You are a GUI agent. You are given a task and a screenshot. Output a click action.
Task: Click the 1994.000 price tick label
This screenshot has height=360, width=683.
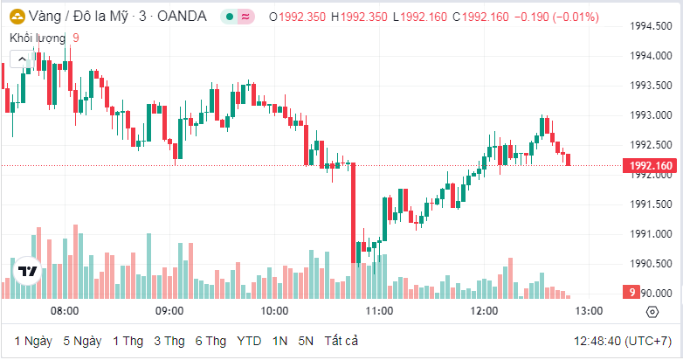(651, 56)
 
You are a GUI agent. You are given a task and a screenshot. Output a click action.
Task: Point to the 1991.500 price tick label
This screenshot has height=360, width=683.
(651, 204)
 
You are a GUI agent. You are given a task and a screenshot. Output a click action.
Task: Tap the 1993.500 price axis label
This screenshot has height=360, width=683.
(651, 86)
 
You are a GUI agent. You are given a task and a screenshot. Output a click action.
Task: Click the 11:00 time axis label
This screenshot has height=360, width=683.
(379, 311)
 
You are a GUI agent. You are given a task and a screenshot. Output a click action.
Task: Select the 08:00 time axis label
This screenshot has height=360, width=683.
(65, 311)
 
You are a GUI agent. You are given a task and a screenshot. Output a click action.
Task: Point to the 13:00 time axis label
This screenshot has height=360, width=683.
(588, 311)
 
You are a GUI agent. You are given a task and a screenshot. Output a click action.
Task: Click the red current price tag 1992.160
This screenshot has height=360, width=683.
(646, 166)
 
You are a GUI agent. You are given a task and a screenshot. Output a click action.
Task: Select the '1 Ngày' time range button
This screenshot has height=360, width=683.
(33, 340)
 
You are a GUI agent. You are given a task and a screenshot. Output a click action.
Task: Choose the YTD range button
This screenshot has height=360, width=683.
(249, 340)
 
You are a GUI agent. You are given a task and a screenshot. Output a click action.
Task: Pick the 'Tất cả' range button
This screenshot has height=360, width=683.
(341, 340)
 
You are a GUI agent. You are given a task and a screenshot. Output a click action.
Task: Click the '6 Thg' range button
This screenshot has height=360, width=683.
(210, 340)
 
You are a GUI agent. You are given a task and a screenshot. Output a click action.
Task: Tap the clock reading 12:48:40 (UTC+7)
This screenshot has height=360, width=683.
(623, 340)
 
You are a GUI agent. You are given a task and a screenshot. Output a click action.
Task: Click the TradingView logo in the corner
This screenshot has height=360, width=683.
(27, 271)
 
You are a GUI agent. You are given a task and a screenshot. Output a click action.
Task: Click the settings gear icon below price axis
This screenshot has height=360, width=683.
(652, 312)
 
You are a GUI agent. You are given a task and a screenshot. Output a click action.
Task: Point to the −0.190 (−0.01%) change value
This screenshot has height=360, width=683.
(556, 17)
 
